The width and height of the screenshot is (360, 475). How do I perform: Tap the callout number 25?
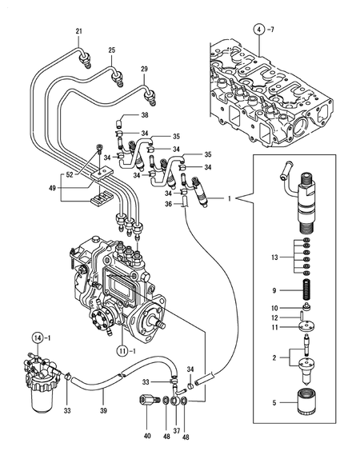(112, 50)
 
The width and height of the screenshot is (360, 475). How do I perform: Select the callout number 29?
(144, 70)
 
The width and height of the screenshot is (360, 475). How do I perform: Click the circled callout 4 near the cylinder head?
(258, 29)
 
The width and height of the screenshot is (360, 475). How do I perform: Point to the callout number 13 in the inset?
(274, 257)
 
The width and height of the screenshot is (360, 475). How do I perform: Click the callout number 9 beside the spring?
(274, 290)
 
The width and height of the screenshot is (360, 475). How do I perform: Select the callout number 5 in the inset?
(274, 403)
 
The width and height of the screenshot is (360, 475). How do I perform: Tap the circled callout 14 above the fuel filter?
(38, 338)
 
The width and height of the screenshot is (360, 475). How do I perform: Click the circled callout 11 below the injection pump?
(121, 350)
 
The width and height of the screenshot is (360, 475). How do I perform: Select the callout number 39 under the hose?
(102, 409)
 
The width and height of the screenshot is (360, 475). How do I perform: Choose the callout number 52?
(70, 174)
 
